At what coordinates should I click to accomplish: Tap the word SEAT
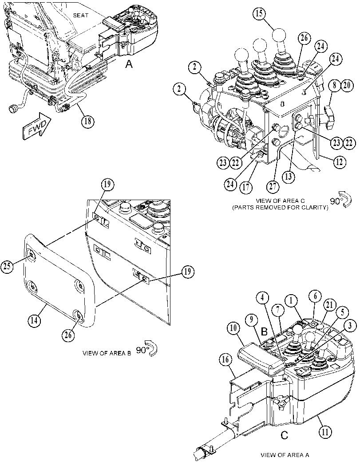pos(81,15)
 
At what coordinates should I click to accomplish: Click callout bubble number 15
pos(259,14)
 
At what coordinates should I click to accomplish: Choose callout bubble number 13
pos(288,177)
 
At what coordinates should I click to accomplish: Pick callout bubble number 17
pos(245,187)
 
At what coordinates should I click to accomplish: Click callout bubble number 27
pos(273,186)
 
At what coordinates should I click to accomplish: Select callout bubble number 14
pos(34,320)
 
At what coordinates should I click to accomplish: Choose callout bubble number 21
pos(329,305)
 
